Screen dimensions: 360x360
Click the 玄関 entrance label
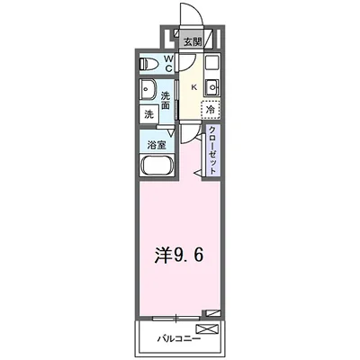coord(192,42)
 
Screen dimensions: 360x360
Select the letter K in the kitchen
coord(193,86)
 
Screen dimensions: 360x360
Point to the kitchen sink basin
coord(211,87)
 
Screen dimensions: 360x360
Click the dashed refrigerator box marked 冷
coord(211,108)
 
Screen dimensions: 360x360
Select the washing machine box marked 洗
coord(148,114)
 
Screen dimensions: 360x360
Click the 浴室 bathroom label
coord(155,142)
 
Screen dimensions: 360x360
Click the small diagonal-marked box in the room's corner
coord(211,311)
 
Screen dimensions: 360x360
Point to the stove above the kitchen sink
coord(211,66)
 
